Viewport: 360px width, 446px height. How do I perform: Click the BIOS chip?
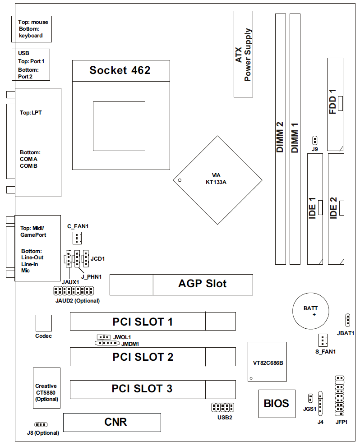(x=277, y=403)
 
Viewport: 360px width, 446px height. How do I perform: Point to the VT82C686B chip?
(x=268, y=362)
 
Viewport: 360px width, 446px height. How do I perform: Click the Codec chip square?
(x=43, y=323)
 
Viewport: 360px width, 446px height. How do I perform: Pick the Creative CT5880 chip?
(x=46, y=388)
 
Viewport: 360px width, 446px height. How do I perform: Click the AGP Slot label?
(x=202, y=284)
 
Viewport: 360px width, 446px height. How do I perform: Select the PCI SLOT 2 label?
(x=143, y=357)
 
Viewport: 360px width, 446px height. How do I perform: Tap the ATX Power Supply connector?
(x=244, y=54)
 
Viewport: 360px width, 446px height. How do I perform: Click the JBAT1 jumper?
(x=347, y=320)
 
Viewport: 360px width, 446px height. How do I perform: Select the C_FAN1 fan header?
(x=78, y=237)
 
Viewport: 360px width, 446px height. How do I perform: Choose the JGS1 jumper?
(x=310, y=398)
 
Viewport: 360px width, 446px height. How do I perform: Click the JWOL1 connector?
(x=104, y=337)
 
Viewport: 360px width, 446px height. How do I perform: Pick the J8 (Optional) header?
(x=41, y=425)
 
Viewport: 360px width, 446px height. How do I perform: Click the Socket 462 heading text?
(x=120, y=70)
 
